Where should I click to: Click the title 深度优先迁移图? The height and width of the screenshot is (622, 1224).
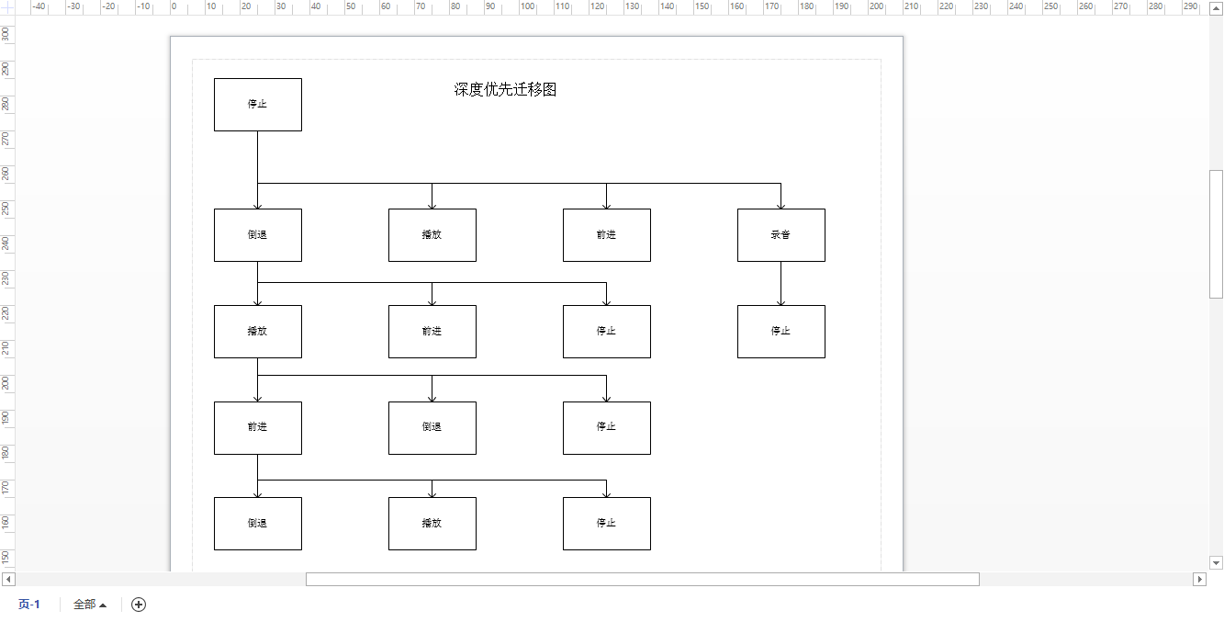[x=505, y=90]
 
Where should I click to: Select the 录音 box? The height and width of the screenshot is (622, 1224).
[x=781, y=235]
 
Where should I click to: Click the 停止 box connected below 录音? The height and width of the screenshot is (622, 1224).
[x=781, y=332]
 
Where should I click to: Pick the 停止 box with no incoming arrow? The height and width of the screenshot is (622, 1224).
[x=258, y=105]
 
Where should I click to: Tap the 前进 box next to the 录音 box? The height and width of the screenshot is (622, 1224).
[x=607, y=235]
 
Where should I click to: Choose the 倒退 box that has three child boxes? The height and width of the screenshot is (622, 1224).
[x=258, y=235]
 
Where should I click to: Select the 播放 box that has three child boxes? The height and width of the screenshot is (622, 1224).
[x=258, y=332]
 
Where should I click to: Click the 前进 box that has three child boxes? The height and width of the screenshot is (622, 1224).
[x=258, y=428]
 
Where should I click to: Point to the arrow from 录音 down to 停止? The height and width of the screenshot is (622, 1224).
[x=780, y=284]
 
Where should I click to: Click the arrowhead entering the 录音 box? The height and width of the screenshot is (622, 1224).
[x=780, y=206]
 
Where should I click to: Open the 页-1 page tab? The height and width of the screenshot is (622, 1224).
[x=29, y=604]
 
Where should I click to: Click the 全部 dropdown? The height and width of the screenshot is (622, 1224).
[x=90, y=604]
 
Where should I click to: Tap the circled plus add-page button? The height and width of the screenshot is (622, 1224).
[x=139, y=604]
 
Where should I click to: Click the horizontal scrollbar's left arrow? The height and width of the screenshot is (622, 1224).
[x=8, y=579]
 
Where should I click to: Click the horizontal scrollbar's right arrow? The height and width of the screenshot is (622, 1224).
[x=1199, y=579]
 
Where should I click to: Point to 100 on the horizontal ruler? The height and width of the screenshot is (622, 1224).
[x=527, y=6]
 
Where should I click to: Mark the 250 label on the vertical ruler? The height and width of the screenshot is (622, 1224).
[x=6, y=209]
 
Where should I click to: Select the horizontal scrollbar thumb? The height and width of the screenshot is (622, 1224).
[x=643, y=579]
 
